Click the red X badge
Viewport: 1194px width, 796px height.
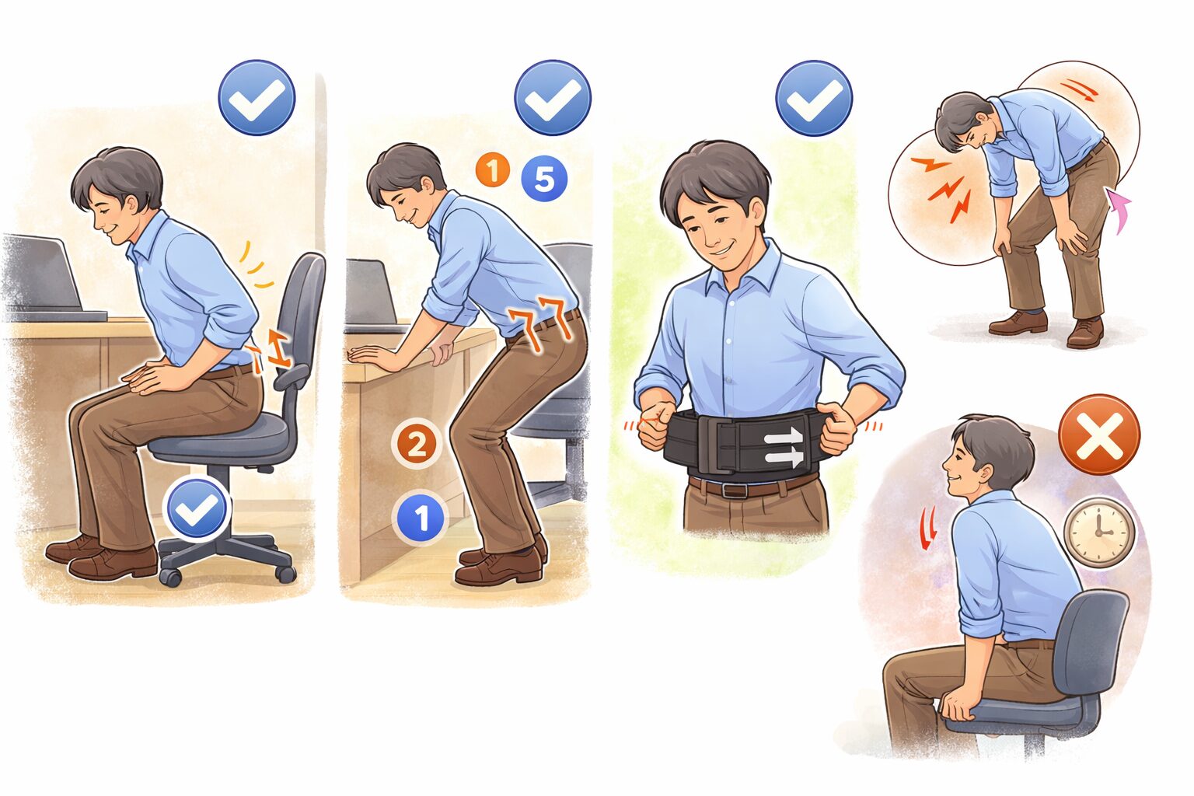click(1099, 434)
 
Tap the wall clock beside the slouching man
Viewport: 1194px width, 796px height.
click(1099, 532)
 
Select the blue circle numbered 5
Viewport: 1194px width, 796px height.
click(544, 179)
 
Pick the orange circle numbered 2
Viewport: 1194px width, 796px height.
click(417, 444)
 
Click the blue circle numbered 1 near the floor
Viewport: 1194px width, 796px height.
click(421, 517)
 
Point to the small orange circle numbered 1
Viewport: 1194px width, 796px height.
click(493, 170)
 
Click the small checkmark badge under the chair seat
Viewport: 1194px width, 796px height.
click(196, 508)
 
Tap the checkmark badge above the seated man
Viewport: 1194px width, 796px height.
click(257, 98)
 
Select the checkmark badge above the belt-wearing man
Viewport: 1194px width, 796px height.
click(814, 98)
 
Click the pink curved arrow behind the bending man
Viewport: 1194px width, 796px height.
click(1119, 210)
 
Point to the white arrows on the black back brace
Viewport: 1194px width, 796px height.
click(784, 446)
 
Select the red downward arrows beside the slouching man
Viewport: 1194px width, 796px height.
click(927, 529)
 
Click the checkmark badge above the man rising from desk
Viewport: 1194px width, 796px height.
click(553, 98)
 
